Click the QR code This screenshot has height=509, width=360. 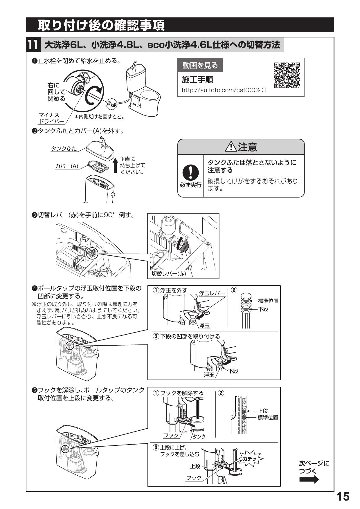pyautogui.click(x=287, y=75)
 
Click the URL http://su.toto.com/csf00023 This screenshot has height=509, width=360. pyautogui.click(x=224, y=90)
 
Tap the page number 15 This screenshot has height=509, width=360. pyautogui.click(x=343, y=497)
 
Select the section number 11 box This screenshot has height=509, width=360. pyautogui.click(x=32, y=45)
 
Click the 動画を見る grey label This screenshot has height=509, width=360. pyautogui.click(x=200, y=65)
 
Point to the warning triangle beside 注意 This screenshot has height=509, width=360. pyautogui.click(x=231, y=147)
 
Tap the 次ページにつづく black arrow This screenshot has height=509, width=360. pyautogui.click(x=309, y=480)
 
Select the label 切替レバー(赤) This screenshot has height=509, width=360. pyautogui.click(x=169, y=273)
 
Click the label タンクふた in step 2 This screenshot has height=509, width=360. pyautogui.click(x=64, y=149)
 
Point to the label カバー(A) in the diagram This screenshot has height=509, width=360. pyautogui.click(x=66, y=166)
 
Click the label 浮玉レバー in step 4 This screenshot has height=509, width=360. pyautogui.click(x=212, y=293)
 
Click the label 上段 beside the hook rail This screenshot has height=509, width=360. pyautogui.click(x=263, y=411)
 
